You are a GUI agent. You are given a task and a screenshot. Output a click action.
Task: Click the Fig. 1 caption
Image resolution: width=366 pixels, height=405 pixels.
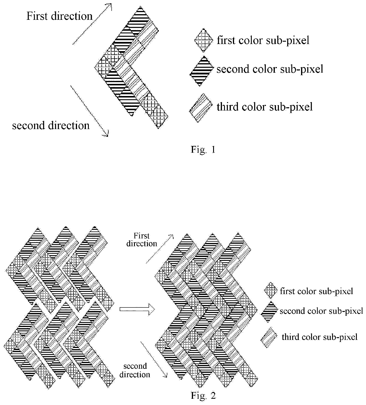[x=203, y=150]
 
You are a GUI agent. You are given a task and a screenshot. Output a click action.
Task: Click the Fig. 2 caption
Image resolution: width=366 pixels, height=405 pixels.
[x=203, y=396]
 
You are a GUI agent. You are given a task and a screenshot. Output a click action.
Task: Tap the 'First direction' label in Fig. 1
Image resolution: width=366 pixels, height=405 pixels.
[x=60, y=16]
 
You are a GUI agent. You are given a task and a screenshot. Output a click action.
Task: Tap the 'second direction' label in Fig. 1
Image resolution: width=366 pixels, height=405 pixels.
[x=51, y=125]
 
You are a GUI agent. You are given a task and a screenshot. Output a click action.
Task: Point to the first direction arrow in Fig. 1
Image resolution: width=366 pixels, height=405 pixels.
[x=92, y=24]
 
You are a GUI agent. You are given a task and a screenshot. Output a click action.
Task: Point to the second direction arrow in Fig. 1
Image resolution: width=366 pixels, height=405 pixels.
[x=90, y=111]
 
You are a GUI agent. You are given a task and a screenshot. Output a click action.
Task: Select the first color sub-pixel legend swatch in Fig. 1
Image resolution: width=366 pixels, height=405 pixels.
[x=204, y=40]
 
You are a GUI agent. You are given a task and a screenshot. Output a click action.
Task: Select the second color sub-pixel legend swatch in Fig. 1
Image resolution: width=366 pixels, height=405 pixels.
[x=202, y=71]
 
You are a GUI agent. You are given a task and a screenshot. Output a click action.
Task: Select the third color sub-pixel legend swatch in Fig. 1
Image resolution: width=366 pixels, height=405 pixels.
[x=201, y=108]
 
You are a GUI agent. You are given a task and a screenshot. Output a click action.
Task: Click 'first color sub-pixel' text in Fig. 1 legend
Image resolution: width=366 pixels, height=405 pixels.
[x=263, y=40]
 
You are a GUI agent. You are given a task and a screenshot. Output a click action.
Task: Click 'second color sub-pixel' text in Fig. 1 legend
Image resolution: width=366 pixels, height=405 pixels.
[x=270, y=69]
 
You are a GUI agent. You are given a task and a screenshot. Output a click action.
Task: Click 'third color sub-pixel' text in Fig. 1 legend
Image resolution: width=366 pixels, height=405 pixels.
[x=265, y=107]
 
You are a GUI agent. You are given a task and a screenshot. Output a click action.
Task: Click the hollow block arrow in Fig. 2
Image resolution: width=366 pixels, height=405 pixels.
[x=137, y=309]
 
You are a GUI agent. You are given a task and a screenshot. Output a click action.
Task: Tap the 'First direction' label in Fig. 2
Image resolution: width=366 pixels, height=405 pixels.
[x=142, y=240]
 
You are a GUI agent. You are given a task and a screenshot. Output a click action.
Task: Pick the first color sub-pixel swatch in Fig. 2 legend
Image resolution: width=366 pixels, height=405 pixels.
[x=271, y=290]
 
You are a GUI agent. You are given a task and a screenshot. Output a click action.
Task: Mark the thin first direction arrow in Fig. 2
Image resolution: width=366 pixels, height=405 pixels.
[x=160, y=249]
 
